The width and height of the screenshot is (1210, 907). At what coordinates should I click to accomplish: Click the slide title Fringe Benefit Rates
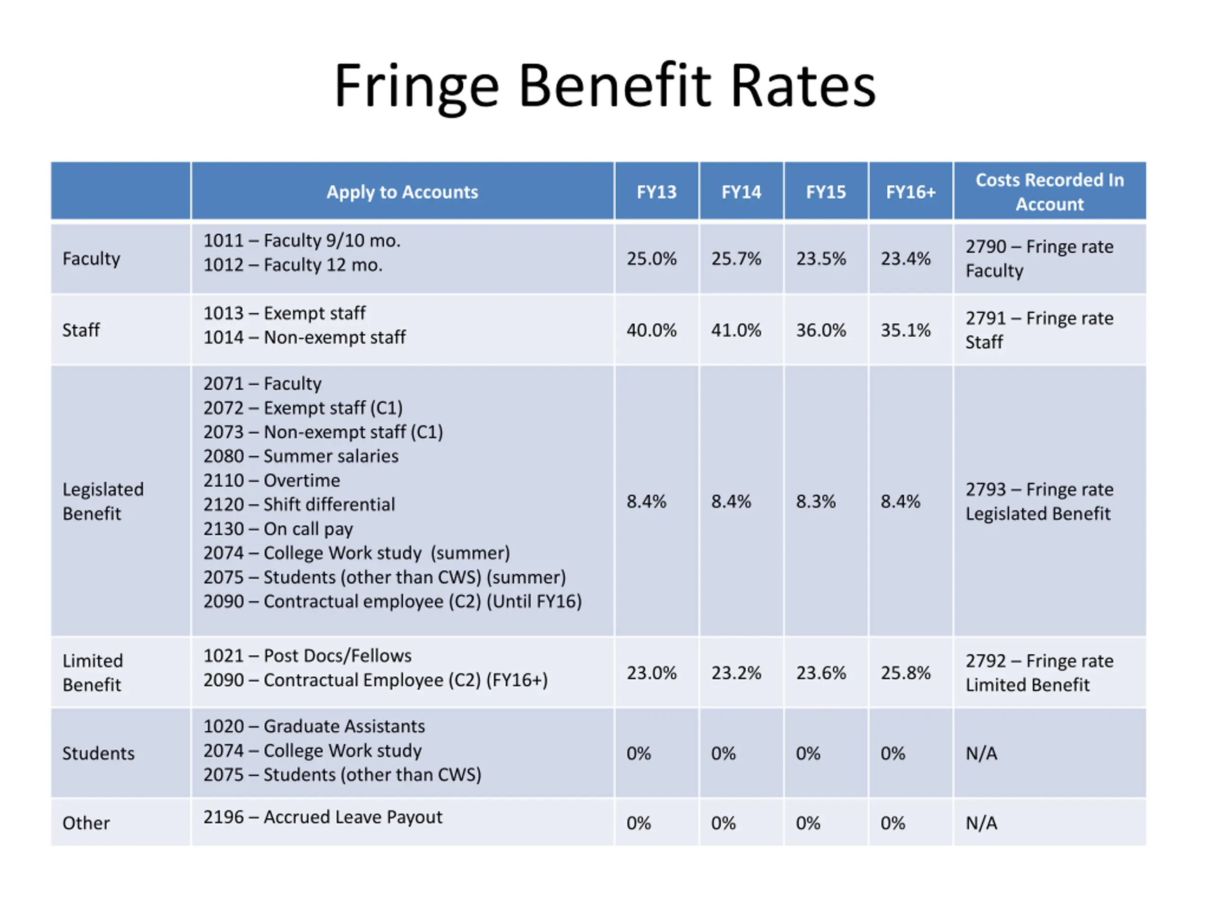pyautogui.click(x=605, y=86)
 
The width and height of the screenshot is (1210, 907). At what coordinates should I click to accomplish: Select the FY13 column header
pyautogui.click(x=656, y=192)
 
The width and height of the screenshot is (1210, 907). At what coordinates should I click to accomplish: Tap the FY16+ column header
pyautogui.click(x=910, y=192)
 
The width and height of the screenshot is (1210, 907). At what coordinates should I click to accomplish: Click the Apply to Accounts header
pyautogui.click(x=402, y=192)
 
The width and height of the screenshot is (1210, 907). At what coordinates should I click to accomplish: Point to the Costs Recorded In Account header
pyautogui.click(x=1049, y=192)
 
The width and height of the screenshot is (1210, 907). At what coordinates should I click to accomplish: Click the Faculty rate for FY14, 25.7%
pyautogui.click(x=736, y=258)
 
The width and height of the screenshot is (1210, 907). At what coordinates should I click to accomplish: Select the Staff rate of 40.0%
pyautogui.click(x=651, y=330)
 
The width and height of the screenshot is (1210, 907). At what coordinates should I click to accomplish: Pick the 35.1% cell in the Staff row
pyautogui.click(x=905, y=330)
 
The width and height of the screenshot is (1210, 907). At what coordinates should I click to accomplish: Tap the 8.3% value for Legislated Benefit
pyautogui.click(x=816, y=501)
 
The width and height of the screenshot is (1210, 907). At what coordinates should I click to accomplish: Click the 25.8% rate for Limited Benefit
pyautogui.click(x=905, y=673)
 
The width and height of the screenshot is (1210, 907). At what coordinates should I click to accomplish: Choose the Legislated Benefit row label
pyautogui.click(x=103, y=501)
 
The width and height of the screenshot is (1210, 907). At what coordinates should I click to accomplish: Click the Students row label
pyautogui.click(x=98, y=753)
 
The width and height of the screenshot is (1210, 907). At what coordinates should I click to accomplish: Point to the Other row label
pyautogui.click(x=86, y=823)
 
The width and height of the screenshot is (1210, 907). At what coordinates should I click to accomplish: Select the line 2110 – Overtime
pyautogui.click(x=272, y=480)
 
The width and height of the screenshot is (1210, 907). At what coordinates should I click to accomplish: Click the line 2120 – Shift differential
pyautogui.click(x=299, y=505)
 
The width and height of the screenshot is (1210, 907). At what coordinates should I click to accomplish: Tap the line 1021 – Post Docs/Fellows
pyautogui.click(x=307, y=656)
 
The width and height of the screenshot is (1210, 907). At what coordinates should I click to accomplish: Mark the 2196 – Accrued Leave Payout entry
pyautogui.click(x=323, y=817)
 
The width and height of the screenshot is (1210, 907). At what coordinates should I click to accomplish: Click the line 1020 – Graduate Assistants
pyautogui.click(x=314, y=726)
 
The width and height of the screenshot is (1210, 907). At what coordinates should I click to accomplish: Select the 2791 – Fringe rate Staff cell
pyautogui.click(x=1039, y=330)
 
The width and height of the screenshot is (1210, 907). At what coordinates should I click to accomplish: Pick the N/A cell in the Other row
pyautogui.click(x=981, y=823)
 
